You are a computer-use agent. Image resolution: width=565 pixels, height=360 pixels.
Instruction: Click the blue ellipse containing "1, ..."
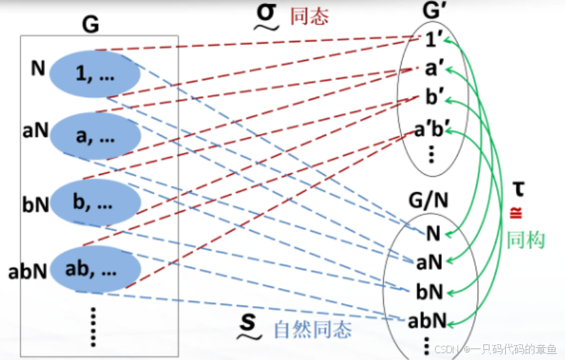point(95,74)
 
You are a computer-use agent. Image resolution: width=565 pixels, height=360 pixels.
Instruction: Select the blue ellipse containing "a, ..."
point(95,136)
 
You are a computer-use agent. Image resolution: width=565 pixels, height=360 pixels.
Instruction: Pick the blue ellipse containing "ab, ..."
point(95,269)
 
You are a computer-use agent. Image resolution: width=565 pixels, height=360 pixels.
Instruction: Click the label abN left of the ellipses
point(27,272)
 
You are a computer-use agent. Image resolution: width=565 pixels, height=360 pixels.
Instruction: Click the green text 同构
point(526,238)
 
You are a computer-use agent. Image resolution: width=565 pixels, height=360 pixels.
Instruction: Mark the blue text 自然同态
point(312,330)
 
